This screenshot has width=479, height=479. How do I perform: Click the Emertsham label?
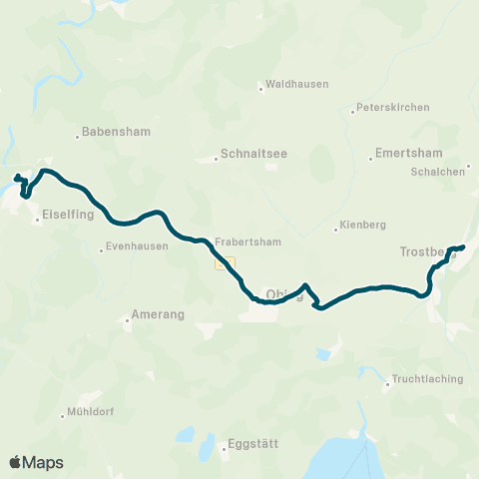(404, 154)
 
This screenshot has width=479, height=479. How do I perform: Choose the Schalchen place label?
(436, 172)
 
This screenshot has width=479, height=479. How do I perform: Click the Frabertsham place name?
(246, 241)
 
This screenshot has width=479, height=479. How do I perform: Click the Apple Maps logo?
(36, 462)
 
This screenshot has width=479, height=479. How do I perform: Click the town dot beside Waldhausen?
(260, 88)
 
